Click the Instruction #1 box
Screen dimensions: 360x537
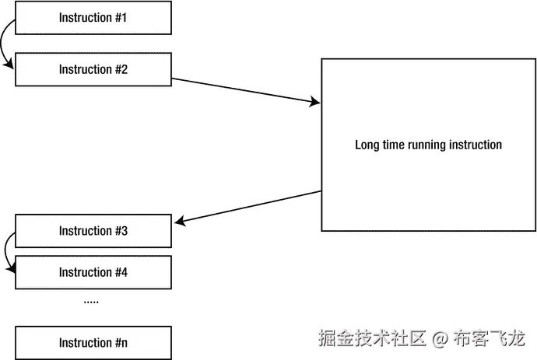click(x=93, y=17)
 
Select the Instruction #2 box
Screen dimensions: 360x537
click(x=93, y=69)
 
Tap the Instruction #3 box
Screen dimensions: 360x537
click(x=93, y=231)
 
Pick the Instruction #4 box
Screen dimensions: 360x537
click(x=93, y=272)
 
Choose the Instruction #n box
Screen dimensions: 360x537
click(x=93, y=342)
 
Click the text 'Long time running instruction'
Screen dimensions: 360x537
click(x=428, y=145)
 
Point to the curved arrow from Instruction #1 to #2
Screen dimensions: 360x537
click(x=4, y=43)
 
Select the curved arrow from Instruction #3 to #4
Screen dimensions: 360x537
click(x=5, y=250)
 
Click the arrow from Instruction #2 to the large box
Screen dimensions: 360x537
click(x=245, y=90)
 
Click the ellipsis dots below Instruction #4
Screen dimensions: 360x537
click(x=91, y=301)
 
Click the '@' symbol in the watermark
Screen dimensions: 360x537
click(x=440, y=339)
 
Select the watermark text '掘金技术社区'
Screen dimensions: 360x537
click(x=372, y=339)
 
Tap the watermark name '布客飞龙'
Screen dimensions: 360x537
click(x=490, y=339)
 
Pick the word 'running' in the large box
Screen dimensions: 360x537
click(x=423, y=145)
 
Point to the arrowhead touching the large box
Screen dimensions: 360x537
click(x=316, y=102)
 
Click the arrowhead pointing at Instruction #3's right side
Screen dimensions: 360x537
click(x=179, y=222)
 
